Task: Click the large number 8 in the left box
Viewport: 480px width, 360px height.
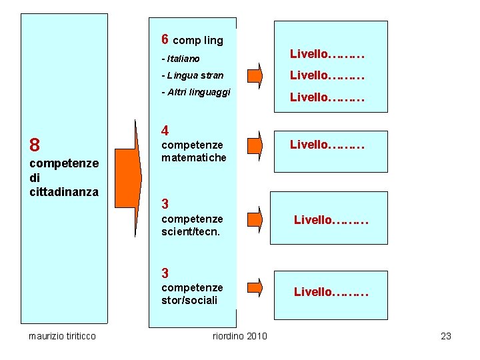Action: point(35,145)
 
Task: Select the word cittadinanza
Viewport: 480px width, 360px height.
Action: point(64,192)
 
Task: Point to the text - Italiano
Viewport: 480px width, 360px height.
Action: point(180,59)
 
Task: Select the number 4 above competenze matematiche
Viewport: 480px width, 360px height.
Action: point(165,131)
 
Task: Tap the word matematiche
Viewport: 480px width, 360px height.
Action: point(194,157)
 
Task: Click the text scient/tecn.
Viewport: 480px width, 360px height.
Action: point(191,232)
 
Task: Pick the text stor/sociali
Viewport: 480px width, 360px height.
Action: point(189,301)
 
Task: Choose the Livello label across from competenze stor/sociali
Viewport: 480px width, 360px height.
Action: point(331,291)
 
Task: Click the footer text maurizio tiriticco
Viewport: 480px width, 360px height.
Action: point(62,336)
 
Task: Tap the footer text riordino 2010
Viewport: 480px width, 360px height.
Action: point(239,336)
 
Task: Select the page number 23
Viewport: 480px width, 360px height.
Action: point(446,336)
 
